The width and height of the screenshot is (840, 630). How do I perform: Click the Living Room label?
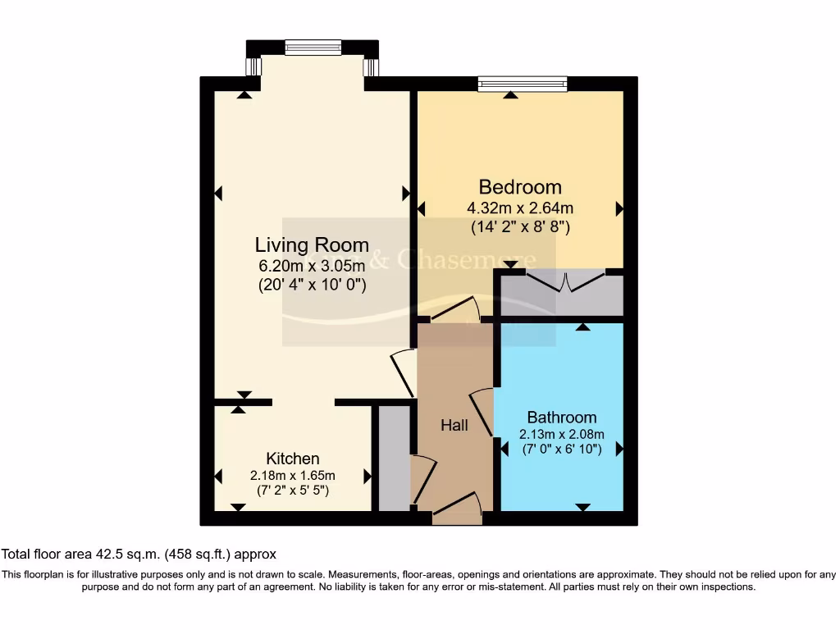point(312,244)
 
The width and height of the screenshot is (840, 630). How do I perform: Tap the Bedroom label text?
point(520,187)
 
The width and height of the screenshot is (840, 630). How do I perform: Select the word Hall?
point(454,425)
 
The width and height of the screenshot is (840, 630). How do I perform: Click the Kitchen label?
point(293,459)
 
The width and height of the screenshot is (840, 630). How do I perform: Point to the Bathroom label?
point(562,417)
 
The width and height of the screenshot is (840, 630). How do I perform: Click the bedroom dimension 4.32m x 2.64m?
point(520,208)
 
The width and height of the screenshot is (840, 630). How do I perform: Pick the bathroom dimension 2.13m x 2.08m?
point(562,434)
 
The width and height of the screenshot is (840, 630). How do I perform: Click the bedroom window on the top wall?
point(523,83)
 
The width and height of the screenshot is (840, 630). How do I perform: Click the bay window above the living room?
point(313,48)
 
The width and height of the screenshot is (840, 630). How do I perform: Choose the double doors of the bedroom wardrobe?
point(563,283)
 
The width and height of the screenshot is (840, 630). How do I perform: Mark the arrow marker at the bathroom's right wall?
point(619,449)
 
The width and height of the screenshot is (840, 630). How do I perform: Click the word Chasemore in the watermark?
point(466,260)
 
